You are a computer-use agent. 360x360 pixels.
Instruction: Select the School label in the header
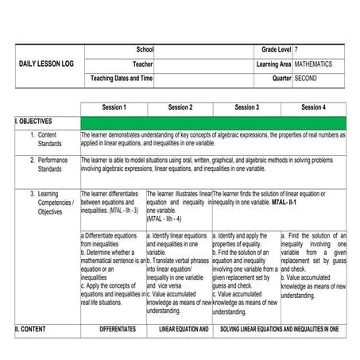[145, 50]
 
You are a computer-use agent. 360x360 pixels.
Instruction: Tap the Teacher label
[143, 64]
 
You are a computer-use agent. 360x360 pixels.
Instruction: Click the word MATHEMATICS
[313, 64]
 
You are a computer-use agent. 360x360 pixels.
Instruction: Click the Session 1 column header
[114, 107]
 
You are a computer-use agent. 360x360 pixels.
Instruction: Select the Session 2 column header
[179, 107]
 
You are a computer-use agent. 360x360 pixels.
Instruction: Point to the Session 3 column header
[246, 107]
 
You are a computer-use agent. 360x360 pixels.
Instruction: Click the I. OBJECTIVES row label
[33, 122]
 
